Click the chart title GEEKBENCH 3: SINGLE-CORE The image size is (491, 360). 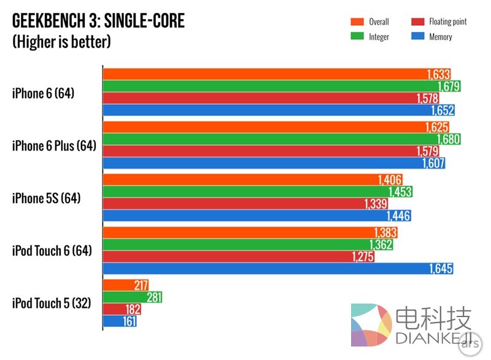click(x=98, y=21)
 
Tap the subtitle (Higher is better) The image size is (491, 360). click(x=61, y=42)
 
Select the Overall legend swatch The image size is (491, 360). click(x=354, y=22)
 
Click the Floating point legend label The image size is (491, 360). click(x=448, y=22)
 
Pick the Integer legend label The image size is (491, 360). click(x=379, y=37)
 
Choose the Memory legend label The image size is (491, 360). click(x=441, y=37)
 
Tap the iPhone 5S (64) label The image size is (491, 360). click(x=46, y=198)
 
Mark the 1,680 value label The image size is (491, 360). click(x=448, y=139)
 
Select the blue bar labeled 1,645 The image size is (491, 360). click(x=276, y=269)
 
